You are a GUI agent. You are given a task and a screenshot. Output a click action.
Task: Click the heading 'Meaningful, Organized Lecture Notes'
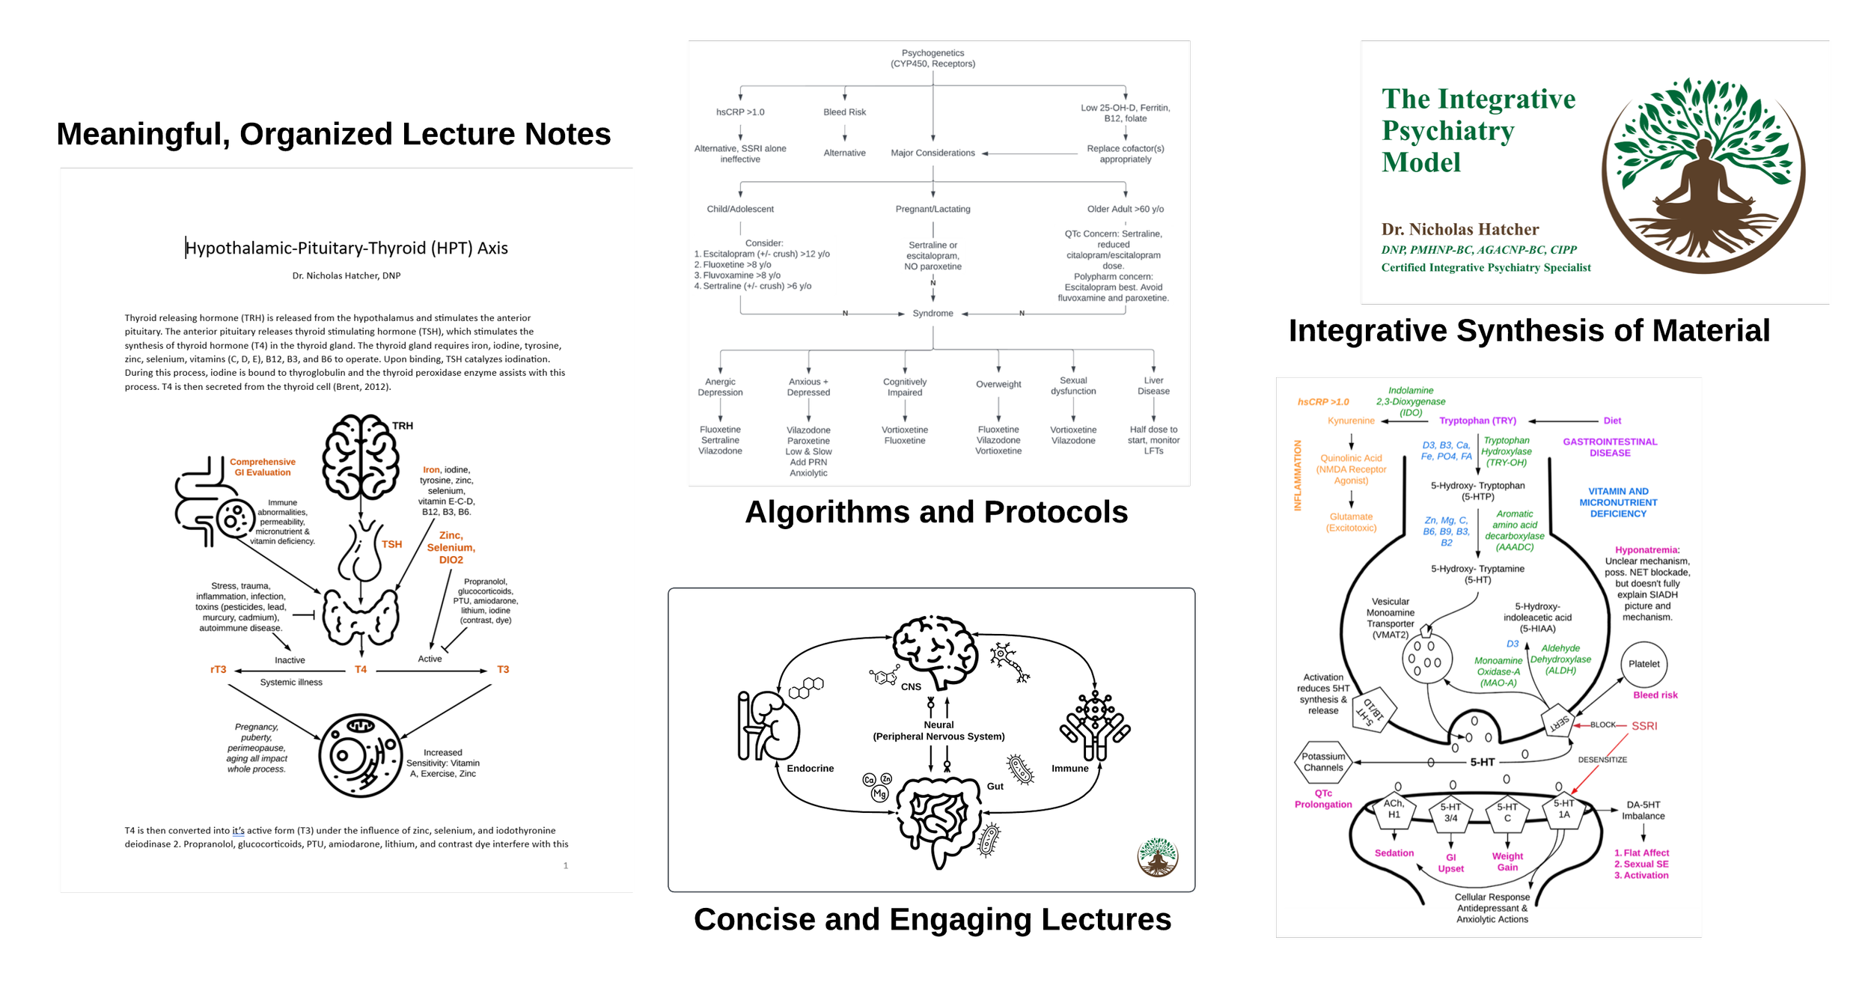pyautogui.click(x=334, y=135)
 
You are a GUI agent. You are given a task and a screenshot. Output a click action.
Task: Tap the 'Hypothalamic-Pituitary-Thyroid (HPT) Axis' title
pyautogui.click(x=347, y=248)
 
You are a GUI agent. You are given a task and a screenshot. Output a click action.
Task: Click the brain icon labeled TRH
pyautogui.click(x=360, y=457)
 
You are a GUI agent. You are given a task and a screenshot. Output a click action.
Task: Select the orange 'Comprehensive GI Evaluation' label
pyautogui.click(x=263, y=467)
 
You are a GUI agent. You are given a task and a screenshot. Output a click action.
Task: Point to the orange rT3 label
pyautogui.click(x=218, y=669)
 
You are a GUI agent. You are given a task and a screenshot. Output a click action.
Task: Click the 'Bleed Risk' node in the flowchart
pyautogui.click(x=844, y=112)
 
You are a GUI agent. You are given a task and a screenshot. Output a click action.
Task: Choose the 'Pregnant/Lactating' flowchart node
pyautogui.click(x=933, y=209)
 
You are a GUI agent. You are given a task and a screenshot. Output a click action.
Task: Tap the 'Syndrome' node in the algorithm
pyautogui.click(x=933, y=314)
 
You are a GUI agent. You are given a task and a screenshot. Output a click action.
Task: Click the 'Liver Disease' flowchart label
pyautogui.click(x=1153, y=385)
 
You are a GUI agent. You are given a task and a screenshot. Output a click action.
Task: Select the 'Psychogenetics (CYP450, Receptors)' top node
pyautogui.click(x=933, y=58)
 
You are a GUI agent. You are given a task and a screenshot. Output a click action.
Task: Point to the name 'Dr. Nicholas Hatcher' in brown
pyautogui.click(x=1459, y=229)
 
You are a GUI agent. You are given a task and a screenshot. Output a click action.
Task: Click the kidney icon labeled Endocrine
pyautogui.click(x=768, y=726)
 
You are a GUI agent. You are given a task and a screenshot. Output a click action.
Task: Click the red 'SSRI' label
pyautogui.click(x=1644, y=726)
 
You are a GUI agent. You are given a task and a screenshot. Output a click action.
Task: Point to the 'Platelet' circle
pyautogui.click(x=1643, y=665)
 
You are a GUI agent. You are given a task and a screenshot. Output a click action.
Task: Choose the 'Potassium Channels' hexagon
pyautogui.click(x=1323, y=762)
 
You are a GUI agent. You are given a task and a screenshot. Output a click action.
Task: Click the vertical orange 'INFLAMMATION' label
pyautogui.click(x=1298, y=475)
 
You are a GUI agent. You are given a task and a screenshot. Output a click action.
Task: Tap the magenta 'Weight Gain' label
pyautogui.click(x=1507, y=862)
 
